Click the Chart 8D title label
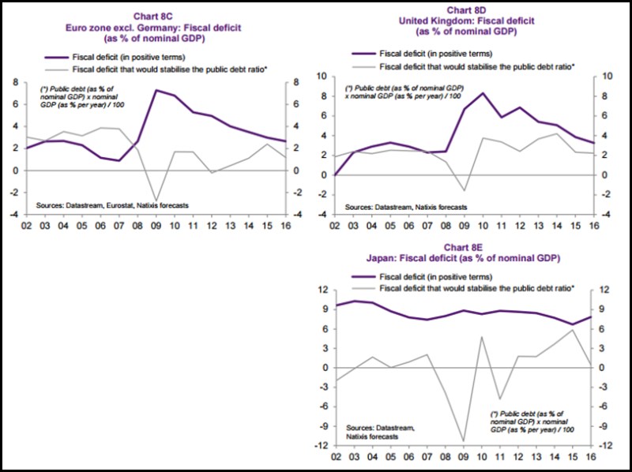pyautogui.click(x=466, y=10)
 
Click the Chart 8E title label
pyautogui.click(x=464, y=247)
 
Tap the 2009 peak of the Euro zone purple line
pyautogui.click(x=156, y=90)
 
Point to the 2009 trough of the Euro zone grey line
pyautogui.click(x=156, y=200)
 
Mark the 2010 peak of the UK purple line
pyautogui.click(x=482, y=93)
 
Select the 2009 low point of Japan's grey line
pyautogui.click(x=464, y=441)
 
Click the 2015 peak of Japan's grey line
pyautogui.click(x=572, y=330)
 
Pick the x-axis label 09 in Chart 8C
pyautogui.click(x=156, y=225)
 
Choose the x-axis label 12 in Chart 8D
pyautogui.click(x=519, y=225)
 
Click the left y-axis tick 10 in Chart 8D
pyautogui.click(x=322, y=77)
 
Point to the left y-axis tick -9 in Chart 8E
pyautogui.click(x=322, y=426)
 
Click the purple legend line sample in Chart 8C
pyautogui.click(x=55, y=57)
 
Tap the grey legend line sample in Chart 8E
pyautogui.click(x=363, y=288)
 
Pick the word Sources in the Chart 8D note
pyautogui.click(x=359, y=207)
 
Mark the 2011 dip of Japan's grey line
pyautogui.click(x=500, y=399)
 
